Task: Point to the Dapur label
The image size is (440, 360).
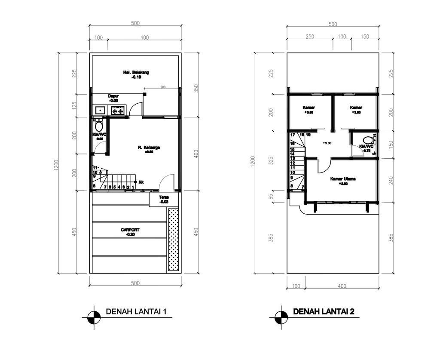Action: [113, 96]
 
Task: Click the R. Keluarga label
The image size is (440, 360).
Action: [149, 148]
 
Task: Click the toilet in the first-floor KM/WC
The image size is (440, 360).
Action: [99, 126]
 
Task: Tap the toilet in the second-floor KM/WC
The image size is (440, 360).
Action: [368, 141]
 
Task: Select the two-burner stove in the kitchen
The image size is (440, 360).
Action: [118, 111]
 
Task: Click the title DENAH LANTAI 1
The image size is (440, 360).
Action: [136, 311]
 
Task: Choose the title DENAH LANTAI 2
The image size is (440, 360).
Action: [323, 311]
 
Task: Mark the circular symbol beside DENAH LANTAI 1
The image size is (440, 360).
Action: [94, 318]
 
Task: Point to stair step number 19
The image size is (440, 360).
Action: [308, 135]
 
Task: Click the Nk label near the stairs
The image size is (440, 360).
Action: [141, 182]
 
